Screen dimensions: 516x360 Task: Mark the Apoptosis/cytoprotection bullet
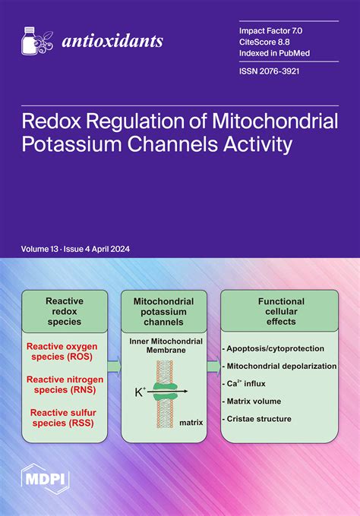coord(275,348)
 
